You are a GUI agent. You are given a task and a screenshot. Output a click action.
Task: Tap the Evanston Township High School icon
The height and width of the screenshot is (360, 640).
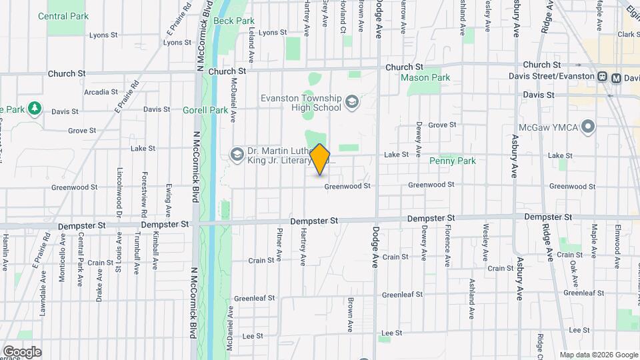coord(352,102)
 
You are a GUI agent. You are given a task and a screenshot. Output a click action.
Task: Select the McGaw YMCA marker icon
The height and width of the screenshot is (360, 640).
coord(587,125)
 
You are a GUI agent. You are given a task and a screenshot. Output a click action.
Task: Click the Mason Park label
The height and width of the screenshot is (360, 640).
coord(425,78)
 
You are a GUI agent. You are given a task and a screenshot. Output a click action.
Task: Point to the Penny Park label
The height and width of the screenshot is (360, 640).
coord(453,161)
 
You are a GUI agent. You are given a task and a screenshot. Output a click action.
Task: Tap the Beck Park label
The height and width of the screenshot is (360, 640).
coord(234,21)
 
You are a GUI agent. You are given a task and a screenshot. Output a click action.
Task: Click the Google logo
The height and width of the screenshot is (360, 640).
coord(22,351)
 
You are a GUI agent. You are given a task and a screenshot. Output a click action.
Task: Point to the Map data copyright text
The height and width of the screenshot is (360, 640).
coord(599,355)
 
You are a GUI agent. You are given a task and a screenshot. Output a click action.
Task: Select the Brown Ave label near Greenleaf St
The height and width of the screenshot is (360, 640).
coord(350,315)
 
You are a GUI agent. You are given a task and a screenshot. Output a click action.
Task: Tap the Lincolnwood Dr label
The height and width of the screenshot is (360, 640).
coord(119,191)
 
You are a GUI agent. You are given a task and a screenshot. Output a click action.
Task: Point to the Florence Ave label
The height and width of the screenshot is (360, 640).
coord(447,245)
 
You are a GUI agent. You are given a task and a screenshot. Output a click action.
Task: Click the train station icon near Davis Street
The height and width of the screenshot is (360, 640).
coord(603,77)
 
